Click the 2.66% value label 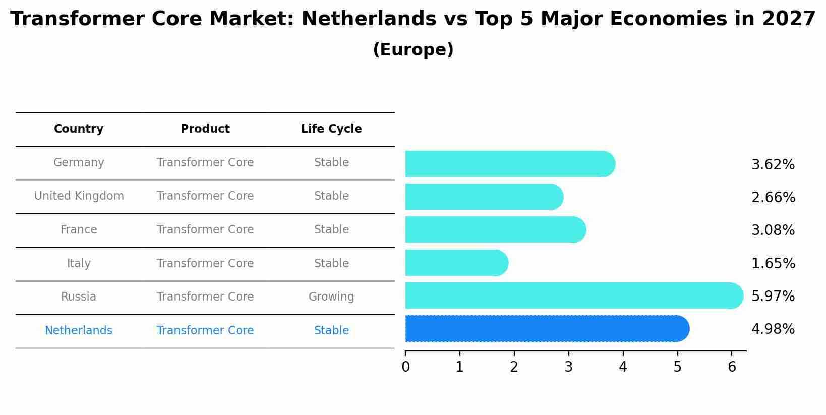tap(773, 197)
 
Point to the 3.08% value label tap(773, 230)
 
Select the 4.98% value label tap(773, 329)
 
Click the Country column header tap(79, 129)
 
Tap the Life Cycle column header tap(331, 129)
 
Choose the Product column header tap(205, 129)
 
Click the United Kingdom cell tap(79, 196)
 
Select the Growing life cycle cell tap(331, 297)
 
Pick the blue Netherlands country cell tap(79, 330)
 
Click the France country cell tap(79, 229)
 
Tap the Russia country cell tap(79, 297)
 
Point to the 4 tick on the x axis tap(623, 367)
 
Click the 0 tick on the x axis tap(405, 367)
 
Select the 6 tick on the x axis tap(732, 367)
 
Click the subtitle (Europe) tap(413, 50)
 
